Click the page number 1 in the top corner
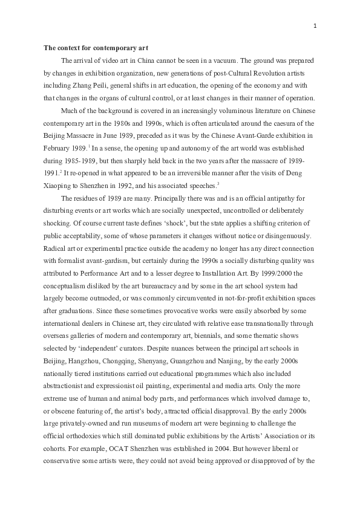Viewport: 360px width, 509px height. pos(316,25)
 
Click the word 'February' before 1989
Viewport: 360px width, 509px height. pos(56,148)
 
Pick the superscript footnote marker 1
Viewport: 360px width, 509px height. pos(89,146)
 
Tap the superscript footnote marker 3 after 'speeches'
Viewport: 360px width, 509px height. pos(218,184)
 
